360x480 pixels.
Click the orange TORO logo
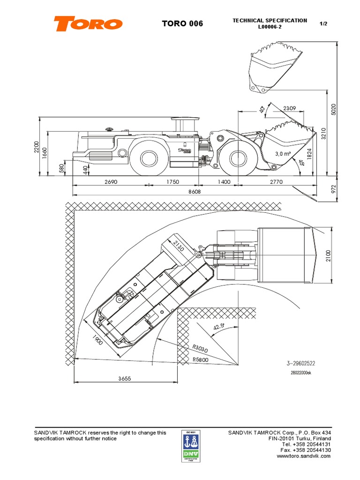[x=88, y=23]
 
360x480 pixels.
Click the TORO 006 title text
[x=182, y=23]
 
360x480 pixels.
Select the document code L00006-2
[x=270, y=27]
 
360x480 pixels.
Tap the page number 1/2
[x=323, y=23]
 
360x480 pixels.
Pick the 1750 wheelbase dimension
[x=172, y=182]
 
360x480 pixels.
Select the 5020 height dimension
[x=334, y=109]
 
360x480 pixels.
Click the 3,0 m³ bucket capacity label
[x=283, y=154]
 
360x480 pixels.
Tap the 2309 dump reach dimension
[x=290, y=108]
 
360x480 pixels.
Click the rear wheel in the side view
[x=149, y=157]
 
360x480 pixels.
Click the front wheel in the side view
[x=238, y=157]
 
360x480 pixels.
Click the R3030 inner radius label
[x=201, y=348]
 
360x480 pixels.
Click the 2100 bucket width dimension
[x=328, y=255]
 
